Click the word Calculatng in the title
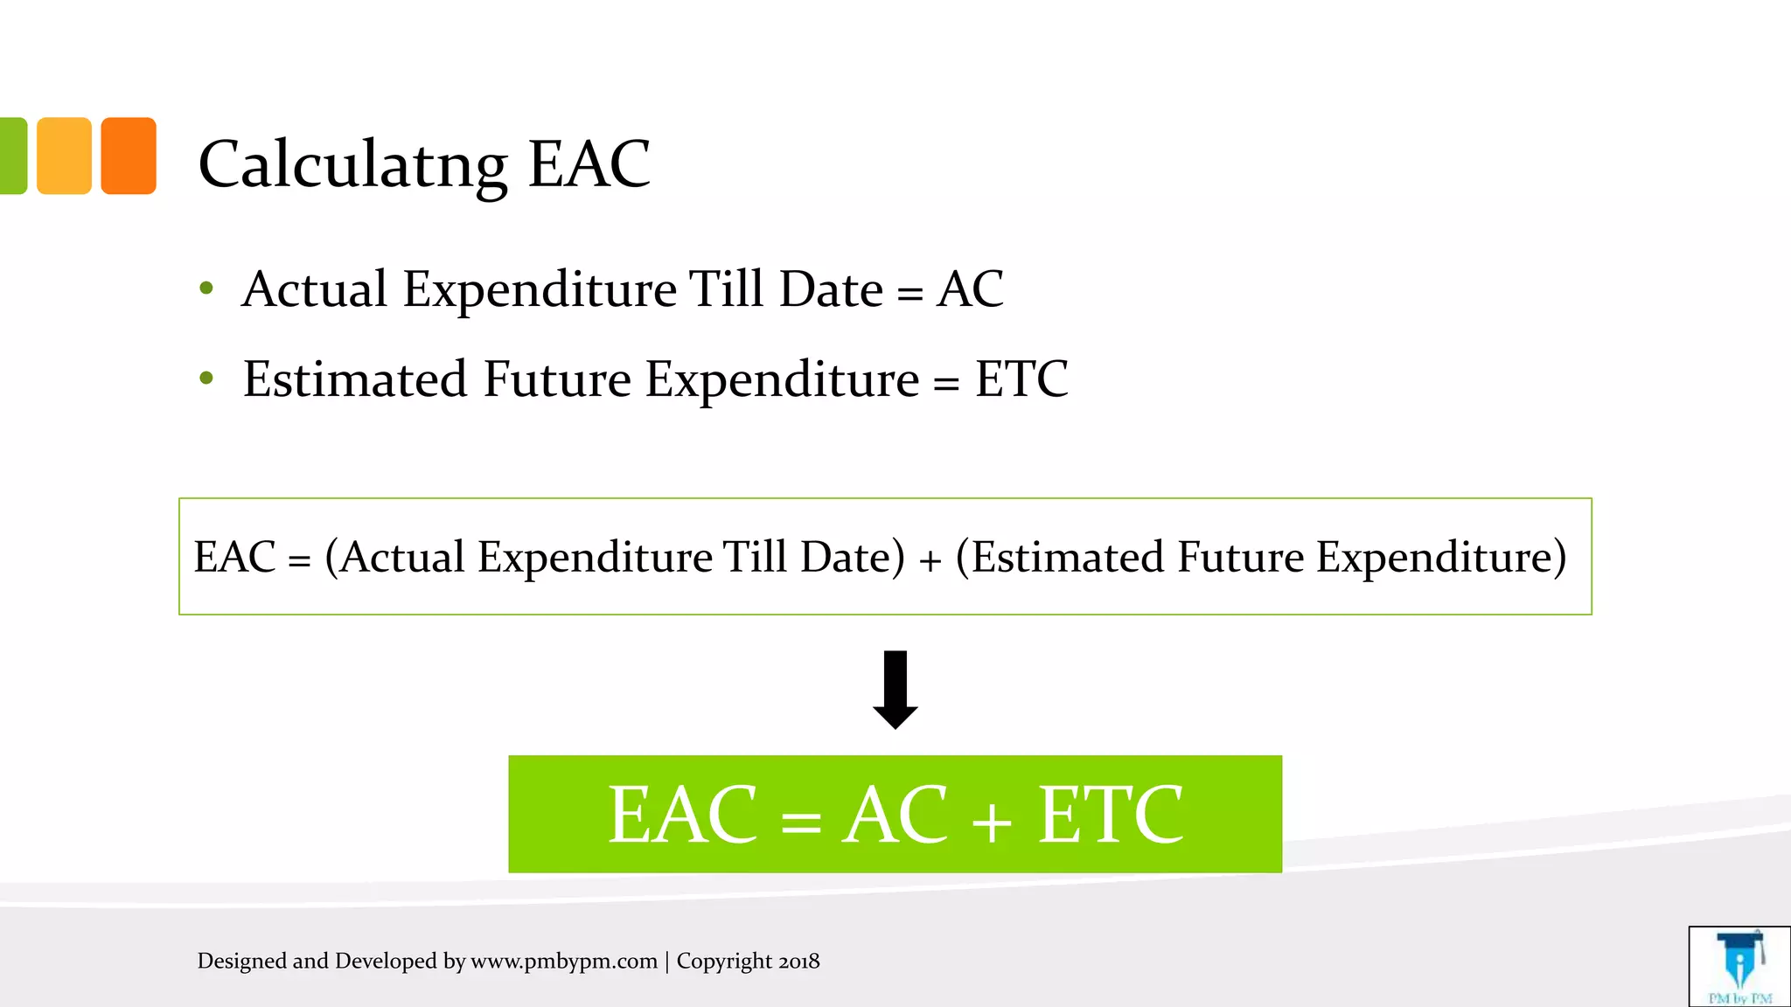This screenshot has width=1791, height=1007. [x=352, y=164]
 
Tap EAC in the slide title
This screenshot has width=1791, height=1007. [x=589, y=164]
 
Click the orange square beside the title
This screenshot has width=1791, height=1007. [x=129, y=156]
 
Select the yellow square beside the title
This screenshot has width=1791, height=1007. [x=64, y=156]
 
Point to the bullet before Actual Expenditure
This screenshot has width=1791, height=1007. [x=206, y=288]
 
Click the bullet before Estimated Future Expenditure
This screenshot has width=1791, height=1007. [x=206, y=378]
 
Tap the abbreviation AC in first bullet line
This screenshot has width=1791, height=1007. [x=969, y=289]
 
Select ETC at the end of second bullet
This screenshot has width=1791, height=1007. [x=1021, y=379]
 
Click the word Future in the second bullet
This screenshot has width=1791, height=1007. [x=557, y=379]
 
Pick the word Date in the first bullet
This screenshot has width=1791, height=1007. [x=830, y=289]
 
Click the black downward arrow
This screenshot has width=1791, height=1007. [x=895, y=690]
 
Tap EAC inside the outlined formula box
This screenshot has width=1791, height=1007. [x=234, y=557]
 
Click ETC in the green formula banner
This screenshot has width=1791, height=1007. [x=1110, y=815]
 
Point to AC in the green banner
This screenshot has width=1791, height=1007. [x=894, y=815]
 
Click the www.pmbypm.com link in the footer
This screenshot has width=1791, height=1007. [x=564, y=962]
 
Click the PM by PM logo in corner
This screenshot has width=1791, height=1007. [x=1739, y=967]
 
